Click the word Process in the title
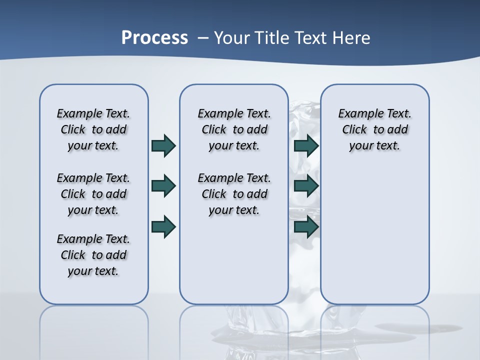154,37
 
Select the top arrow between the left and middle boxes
163,145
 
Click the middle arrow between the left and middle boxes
163,186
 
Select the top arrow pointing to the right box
306,145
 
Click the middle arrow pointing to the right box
306,186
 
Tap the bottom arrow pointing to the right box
306,226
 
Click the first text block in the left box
93,129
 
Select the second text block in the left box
93,194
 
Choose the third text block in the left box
93,255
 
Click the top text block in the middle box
234,129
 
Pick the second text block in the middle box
234,194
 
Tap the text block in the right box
374,129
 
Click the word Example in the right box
356,114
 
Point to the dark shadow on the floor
420,328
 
